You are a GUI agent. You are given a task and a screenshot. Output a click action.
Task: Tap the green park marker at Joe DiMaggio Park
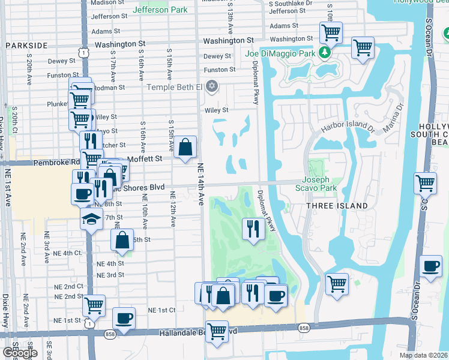tap(325, 53)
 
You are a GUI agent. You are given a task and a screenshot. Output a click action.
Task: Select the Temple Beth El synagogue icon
tap(211, 87)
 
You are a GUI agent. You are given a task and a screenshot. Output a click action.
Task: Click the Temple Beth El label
tap(175, 87)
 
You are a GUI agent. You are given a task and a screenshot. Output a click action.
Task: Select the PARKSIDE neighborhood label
tap(26, 46)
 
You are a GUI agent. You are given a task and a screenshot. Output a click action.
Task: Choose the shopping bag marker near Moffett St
tap(185, 146)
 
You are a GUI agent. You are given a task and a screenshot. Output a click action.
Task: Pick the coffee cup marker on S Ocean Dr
tap(430, 266)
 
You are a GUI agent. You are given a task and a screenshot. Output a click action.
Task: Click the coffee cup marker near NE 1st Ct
tap(124, 318)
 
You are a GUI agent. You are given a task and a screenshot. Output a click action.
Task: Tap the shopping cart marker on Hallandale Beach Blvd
tap(217, 330)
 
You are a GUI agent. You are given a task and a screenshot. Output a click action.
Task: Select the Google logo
tap(20, 353)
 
